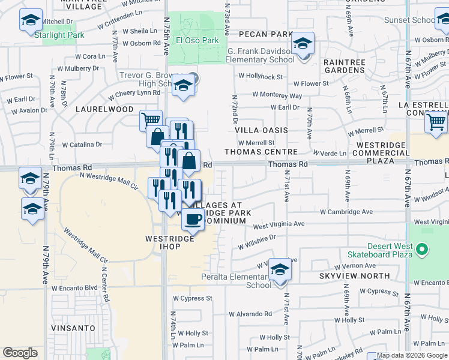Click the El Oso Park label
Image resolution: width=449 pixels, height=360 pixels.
coord(197,41)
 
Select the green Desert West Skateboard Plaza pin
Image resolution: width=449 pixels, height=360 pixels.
coord(422,248)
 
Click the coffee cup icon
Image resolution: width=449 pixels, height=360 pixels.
coord(193,220)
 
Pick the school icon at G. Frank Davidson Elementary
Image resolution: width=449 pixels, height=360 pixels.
coord(303,44)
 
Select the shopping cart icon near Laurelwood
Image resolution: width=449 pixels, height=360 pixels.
coord(151,120)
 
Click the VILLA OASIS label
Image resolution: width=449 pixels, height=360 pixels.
coord(261,130)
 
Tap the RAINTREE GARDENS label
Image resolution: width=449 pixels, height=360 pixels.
coord(344,66)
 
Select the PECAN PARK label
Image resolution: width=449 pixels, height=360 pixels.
coord(264,35)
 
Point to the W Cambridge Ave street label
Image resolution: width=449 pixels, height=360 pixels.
coord(346,212)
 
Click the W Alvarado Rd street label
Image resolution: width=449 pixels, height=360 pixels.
coord(252,314)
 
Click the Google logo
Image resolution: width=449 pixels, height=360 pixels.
coord(20,353)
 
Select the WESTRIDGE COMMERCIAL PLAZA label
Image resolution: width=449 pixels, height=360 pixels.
coord(383,153)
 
